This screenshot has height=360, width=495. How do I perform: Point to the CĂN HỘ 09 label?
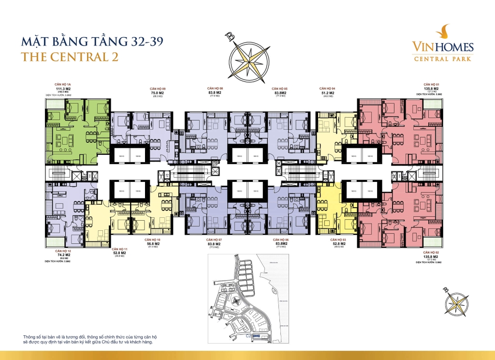158,89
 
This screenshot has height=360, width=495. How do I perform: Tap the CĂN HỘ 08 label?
215,89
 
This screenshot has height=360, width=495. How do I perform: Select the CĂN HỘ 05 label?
279,89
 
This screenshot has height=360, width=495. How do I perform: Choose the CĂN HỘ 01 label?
431,85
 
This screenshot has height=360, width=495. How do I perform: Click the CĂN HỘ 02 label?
431,253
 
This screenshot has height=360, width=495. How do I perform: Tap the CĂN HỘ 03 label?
338,240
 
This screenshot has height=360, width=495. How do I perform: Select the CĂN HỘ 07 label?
214,240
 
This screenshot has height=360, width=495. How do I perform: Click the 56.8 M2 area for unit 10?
152,244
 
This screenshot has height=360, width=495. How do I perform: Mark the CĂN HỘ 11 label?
119,249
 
